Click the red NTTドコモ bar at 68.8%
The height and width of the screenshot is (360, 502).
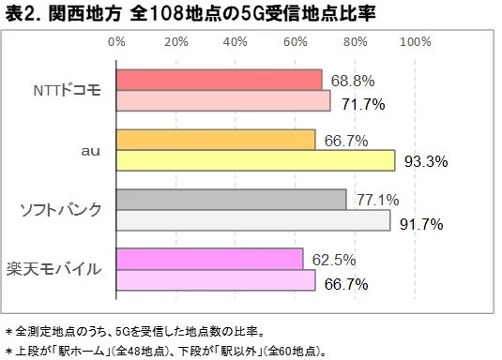pyautogui.click(x=220, y=80)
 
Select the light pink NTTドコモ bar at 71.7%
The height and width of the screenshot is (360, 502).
pyautogui.click(x=223, y=101)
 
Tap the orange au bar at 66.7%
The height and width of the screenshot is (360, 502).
pyautogui.click(x=216, y=139)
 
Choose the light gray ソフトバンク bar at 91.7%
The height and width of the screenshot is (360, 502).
pyautogui.click(x=253, y=220)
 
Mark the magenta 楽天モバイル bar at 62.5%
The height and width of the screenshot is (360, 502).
pyautogui.click(x=210, y=258)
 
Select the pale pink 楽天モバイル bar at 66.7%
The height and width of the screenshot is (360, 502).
pyautogui.click(x=216, y=280)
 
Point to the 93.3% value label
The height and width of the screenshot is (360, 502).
pyautogui.click(x=425, y=162)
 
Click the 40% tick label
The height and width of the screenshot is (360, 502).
pyautogui.click(x=236, y=42)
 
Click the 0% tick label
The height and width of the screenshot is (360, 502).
pyautogui.click(x=117, y=42)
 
